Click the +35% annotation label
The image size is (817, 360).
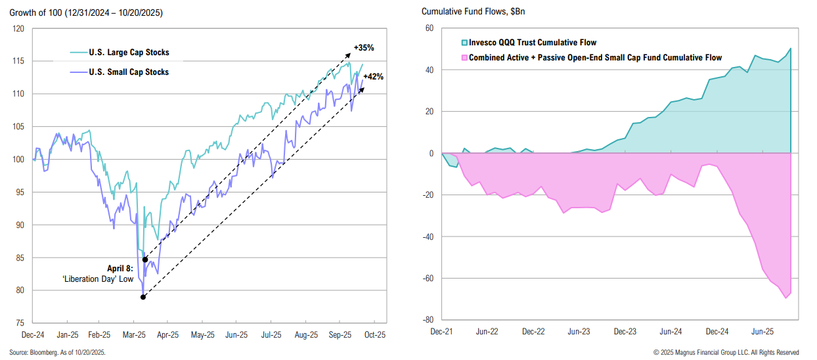coord(364,48)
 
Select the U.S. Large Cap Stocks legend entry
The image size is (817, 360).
coord(125,53)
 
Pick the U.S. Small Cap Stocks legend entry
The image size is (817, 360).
coord(125,72)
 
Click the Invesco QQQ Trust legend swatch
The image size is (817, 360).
coord(463,43)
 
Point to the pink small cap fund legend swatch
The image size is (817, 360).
coord(463,58)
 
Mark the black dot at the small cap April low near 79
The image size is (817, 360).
coord(143,297)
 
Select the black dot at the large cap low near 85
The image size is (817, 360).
coord(144,259)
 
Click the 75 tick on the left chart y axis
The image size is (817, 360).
coord(20,323)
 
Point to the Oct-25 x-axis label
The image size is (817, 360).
coord(374,334)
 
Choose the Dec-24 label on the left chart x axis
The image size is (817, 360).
coord(33,334)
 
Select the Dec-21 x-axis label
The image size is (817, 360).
coord(442,332)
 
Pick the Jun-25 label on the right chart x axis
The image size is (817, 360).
coord(761,332)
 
